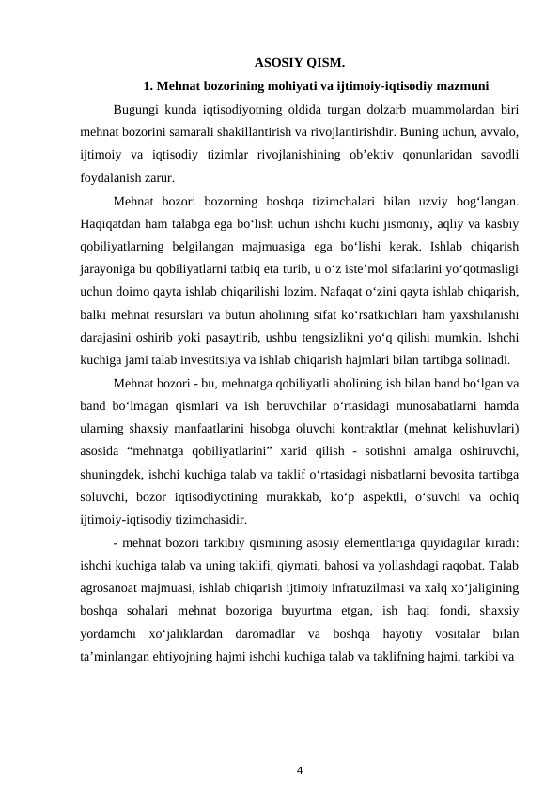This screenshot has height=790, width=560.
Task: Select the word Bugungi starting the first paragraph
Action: click(137, 109)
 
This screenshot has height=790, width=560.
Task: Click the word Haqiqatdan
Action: click(114, 223)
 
